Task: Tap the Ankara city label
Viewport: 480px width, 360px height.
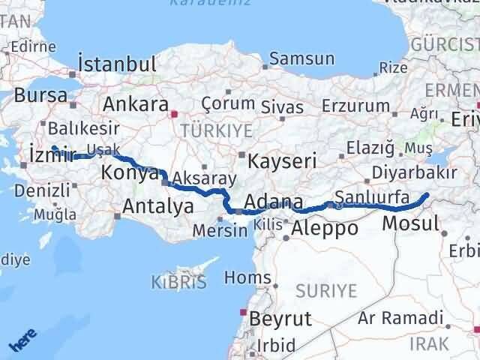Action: [x=135, y=104]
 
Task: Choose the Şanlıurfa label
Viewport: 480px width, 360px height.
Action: [x=372, y=198]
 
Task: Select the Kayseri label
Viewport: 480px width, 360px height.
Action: [x=282, y=161]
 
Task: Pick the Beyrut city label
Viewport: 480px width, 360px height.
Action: [x=280, y=319]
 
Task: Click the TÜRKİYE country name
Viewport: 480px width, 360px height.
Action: [x=223, y=130]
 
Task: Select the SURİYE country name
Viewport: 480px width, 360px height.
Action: [x=328, y=289]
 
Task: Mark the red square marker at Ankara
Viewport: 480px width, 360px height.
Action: [x=174, y=115]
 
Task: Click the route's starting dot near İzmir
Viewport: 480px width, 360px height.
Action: [x=54, y=148]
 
